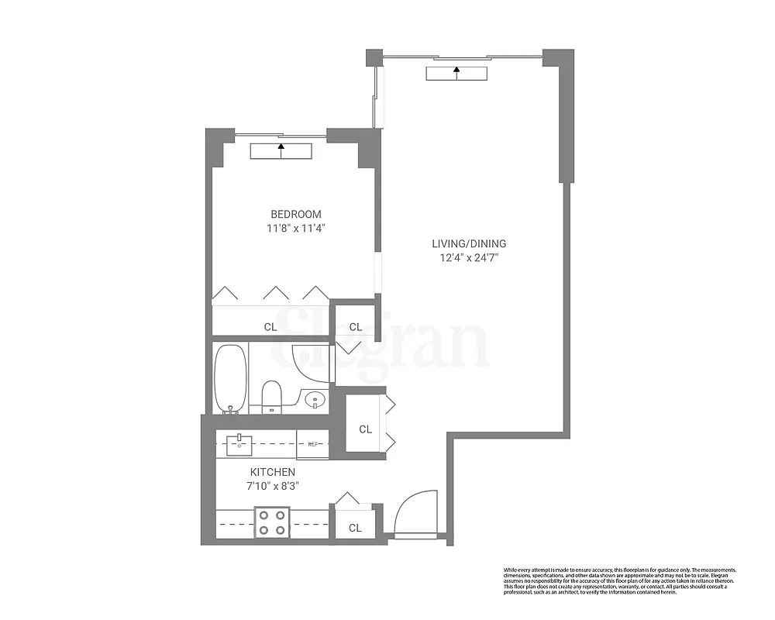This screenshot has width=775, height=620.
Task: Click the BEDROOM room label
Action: coord(295,215)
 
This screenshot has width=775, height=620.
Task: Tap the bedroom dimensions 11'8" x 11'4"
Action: coord(295,229)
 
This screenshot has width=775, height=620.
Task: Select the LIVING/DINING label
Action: coord(469,243)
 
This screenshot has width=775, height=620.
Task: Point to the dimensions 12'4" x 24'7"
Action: coord(469,257)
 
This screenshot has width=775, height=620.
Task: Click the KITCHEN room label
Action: coord(272,472)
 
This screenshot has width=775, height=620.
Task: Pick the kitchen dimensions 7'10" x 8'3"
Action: coord(272,486)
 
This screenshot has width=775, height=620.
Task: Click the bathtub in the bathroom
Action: coord(230,378)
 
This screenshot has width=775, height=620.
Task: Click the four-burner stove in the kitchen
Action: coord(273,521)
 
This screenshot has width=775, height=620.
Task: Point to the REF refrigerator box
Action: coord(313,444)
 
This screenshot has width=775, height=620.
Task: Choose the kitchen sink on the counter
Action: coord(240,443)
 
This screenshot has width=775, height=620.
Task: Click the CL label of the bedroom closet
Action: coord(270,327)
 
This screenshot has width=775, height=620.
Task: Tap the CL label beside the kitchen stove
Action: coord(355,528)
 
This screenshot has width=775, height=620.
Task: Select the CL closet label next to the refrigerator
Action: coord(365,429)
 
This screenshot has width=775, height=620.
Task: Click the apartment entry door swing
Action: coord(417,511)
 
